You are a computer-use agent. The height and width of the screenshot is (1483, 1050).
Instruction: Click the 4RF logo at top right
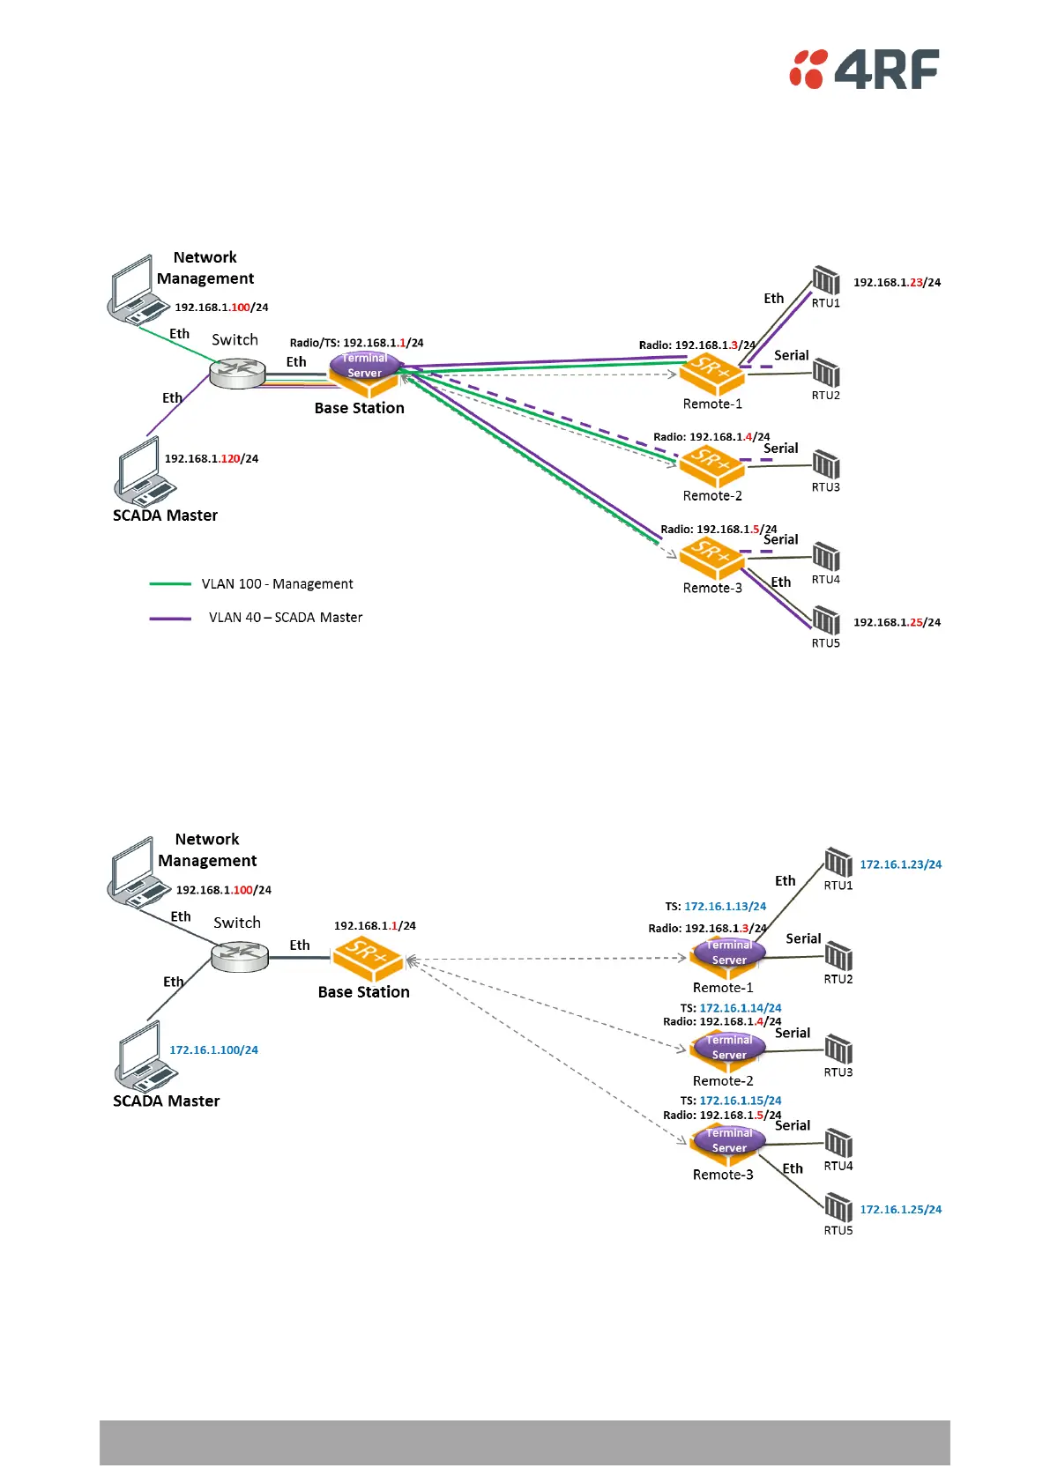[x=864, y=69]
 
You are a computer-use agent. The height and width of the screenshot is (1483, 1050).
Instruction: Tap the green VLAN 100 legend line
[x=170, y=584]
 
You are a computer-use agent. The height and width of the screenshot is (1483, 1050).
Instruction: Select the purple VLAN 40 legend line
[x=170, y=619]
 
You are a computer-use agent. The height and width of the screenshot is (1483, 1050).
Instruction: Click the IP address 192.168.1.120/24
[x=212, y=459]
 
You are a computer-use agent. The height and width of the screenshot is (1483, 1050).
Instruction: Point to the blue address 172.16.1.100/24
[x=213, y=1050]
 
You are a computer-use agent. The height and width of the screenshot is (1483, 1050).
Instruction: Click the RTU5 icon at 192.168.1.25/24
[x=826, y=620]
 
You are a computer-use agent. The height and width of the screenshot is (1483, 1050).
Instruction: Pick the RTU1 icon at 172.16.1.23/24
[x=838, y=862]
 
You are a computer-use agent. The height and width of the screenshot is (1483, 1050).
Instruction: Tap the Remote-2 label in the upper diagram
[x=712, y=496]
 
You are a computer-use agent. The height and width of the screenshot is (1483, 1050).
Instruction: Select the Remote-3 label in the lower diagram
[x=723, y=1175]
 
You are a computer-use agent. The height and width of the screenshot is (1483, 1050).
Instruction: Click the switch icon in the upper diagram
[x=238, y=374]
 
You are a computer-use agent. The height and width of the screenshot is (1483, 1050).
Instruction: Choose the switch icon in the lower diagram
[x=240, y=956]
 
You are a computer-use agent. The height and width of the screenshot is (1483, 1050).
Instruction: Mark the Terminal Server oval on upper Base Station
[x=365, y=366]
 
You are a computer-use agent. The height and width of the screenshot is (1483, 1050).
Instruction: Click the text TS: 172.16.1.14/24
[x=731, y=1008]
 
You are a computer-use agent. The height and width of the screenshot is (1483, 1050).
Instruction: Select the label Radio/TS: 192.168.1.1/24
[x=356, y=343]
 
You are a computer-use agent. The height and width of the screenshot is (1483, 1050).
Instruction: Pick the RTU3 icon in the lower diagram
[x=838, y=1049]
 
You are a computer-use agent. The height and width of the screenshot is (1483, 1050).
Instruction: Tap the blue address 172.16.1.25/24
[x=900, y=1210]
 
